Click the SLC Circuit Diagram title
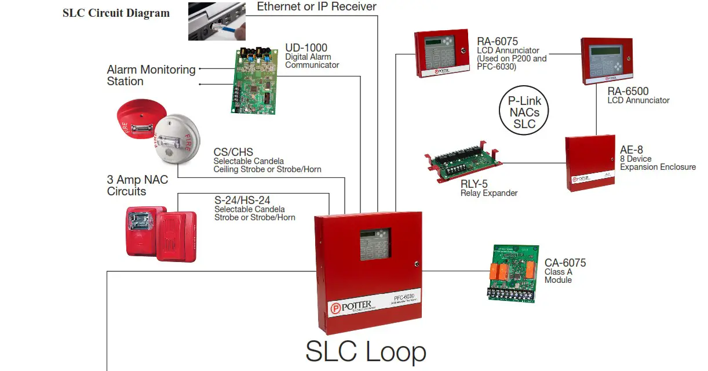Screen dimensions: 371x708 pos(116,13)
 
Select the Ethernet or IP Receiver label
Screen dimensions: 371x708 pos(316,7)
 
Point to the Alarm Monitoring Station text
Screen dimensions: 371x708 pos(151,75)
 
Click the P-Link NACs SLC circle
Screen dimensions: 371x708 pos(524,111)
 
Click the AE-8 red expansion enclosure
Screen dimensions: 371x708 pos(590,163)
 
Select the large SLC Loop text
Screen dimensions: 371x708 pos(366,351)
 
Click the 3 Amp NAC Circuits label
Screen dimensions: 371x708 pos(137,185)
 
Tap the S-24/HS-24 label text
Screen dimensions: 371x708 pos(242,201)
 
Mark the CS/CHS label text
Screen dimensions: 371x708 pos(233,152)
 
